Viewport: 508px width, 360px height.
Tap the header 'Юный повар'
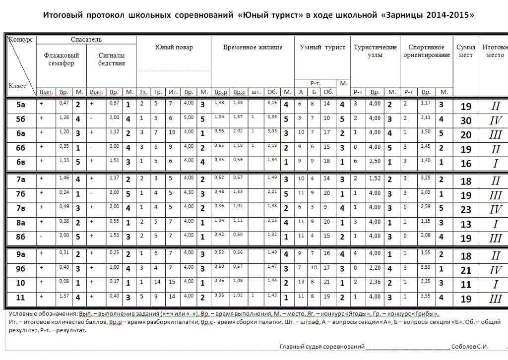[x=174, y=47]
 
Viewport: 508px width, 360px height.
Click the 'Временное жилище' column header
[x=253, y=47]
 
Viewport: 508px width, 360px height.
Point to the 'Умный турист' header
[x=322, y=47]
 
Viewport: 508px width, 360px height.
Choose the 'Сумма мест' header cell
[x=466, y=51]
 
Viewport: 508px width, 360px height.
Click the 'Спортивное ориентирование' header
[x=426, y=51]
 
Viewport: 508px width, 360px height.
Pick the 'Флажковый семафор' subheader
[x=62, y=60]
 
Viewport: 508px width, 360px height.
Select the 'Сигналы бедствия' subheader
[x=112, y=60]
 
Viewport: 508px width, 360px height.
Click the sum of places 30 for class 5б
[x=466, y=120]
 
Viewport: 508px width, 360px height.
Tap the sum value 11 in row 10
[x=466, y=285]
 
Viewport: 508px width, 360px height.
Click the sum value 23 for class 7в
[x=466, y=210]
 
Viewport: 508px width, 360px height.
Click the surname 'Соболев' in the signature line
[x=465, y=346]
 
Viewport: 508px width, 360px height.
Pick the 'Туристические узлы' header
[x=375, y=51]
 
